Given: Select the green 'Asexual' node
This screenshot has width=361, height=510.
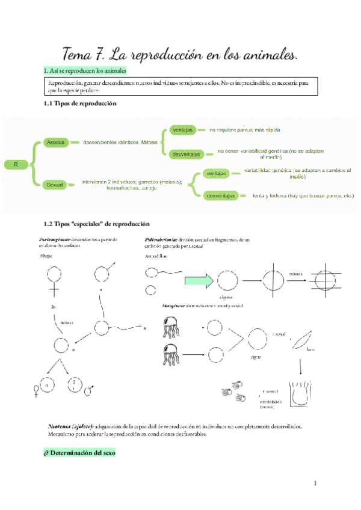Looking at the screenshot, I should [x=55, y=143].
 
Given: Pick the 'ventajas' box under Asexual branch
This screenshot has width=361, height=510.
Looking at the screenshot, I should [x=182, y=130].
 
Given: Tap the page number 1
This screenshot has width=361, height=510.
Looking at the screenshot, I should [x=314, y=483].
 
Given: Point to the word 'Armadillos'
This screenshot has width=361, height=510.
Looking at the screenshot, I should [x=157, y=256].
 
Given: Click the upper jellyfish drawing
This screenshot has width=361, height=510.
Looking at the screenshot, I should [x=172, y=328].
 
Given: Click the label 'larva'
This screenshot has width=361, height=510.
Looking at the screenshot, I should [x=310, y=348].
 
